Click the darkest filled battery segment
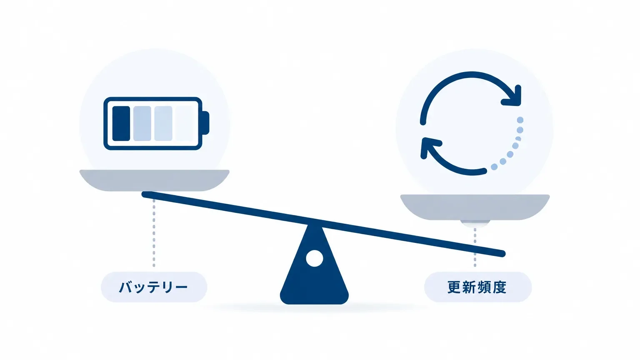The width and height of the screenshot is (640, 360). point(121,123)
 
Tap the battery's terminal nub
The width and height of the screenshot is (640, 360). point(206,123)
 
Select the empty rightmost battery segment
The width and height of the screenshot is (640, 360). point(184,123)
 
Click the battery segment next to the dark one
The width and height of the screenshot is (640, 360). point(142,123)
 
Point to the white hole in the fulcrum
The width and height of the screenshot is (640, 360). point(314,258)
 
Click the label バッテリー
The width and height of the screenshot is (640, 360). point(153,287)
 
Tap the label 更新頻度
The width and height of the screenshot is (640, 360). point(477,287)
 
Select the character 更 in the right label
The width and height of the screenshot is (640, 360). point(455,287)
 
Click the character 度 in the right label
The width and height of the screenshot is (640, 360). point(500,287)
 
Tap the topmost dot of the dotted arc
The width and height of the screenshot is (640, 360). point(520,120)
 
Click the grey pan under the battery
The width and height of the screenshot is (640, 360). point(154,180)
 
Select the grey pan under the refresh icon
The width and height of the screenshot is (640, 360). point(475,207)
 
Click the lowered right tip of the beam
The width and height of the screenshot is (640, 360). point(502,253)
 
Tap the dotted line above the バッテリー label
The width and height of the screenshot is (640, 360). point(154,233)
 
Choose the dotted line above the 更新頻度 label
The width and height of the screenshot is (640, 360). point(475,247)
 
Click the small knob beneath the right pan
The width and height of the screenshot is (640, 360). point(475,223)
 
